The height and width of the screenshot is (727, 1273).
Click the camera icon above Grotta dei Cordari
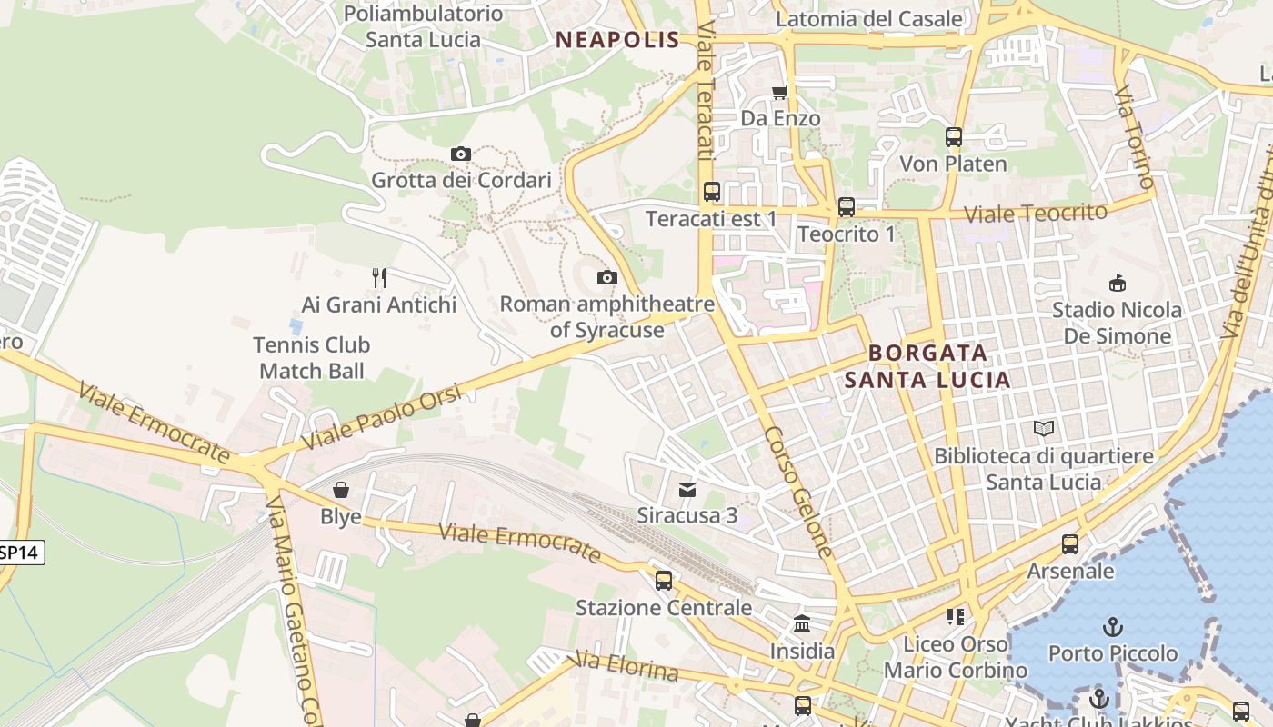pos(461,154)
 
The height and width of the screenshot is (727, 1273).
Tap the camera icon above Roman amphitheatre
pos(607,277)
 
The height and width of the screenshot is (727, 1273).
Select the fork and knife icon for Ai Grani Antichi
pos(379,277)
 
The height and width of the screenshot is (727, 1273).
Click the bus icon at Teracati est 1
pos(712,192)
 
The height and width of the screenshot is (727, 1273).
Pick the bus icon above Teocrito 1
pos(847,206)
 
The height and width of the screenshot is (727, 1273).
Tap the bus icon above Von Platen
pos(954,137)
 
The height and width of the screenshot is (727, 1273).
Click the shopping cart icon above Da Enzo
pos(779,91)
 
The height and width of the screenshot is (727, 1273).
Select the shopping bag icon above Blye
pos(341,490)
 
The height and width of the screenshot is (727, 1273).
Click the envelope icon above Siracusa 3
pos(687,489)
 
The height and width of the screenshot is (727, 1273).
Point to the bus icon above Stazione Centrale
pos(664,580)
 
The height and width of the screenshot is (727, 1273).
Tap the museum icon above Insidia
pos(802,623)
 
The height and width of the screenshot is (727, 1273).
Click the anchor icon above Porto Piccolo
pos(1112,626)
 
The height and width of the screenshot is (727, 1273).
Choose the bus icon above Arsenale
pos(1070,544)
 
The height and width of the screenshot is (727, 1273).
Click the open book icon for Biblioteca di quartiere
pos(1044,428)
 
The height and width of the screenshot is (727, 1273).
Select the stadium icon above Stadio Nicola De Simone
pos(1118,283)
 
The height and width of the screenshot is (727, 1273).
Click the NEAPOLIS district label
pos(617,39)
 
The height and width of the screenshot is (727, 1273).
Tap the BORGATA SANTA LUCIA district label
pos(927,365)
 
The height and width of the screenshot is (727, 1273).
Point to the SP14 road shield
pos(20,552)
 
